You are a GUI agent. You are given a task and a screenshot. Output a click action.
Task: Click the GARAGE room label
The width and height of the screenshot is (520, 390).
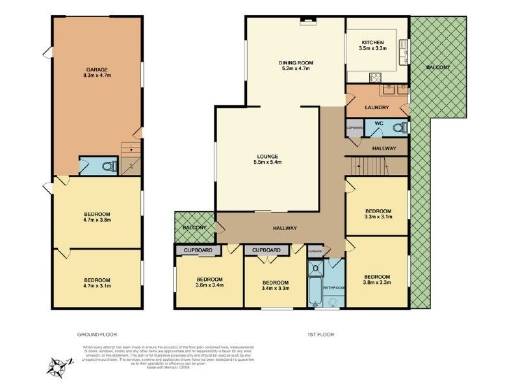coord(97,69)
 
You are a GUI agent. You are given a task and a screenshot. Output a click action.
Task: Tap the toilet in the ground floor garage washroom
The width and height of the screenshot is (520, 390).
coord(110,166)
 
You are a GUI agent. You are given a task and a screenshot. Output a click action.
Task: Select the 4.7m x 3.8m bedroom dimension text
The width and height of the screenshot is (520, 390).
coord(97,220)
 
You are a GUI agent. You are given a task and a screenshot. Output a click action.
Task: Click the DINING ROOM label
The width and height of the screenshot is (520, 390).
coord(294,65)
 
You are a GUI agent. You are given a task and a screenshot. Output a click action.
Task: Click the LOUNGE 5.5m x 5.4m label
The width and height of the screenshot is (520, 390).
coord(267,159)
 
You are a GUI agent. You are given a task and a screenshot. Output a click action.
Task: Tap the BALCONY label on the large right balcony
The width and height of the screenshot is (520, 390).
coord(439,67)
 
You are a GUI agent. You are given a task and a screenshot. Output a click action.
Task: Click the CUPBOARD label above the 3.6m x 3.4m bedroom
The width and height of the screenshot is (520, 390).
coord(198,250)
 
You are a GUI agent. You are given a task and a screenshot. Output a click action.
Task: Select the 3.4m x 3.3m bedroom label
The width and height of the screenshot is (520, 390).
coord(275,285)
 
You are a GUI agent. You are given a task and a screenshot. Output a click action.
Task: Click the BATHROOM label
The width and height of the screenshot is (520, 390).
coord(335,287)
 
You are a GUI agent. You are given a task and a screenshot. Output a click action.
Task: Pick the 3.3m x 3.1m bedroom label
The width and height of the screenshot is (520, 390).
coord(378,214)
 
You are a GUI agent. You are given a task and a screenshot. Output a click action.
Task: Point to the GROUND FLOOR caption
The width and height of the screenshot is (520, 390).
coord(97,334)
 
